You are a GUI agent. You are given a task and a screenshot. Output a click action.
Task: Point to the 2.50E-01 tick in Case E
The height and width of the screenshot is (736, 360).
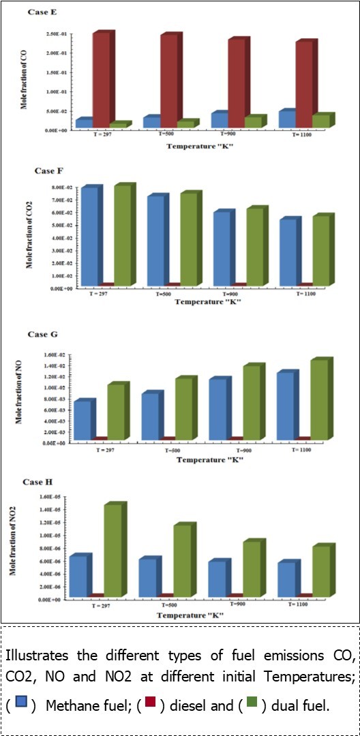[60, 34]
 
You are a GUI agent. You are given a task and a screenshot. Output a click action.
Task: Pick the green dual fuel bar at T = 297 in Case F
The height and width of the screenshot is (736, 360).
[122, 235]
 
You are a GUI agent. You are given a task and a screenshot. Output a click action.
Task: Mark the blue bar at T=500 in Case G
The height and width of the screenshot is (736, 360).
[150, 416]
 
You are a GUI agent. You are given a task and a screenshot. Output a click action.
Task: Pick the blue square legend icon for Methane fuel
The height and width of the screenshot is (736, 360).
[21, 703]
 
